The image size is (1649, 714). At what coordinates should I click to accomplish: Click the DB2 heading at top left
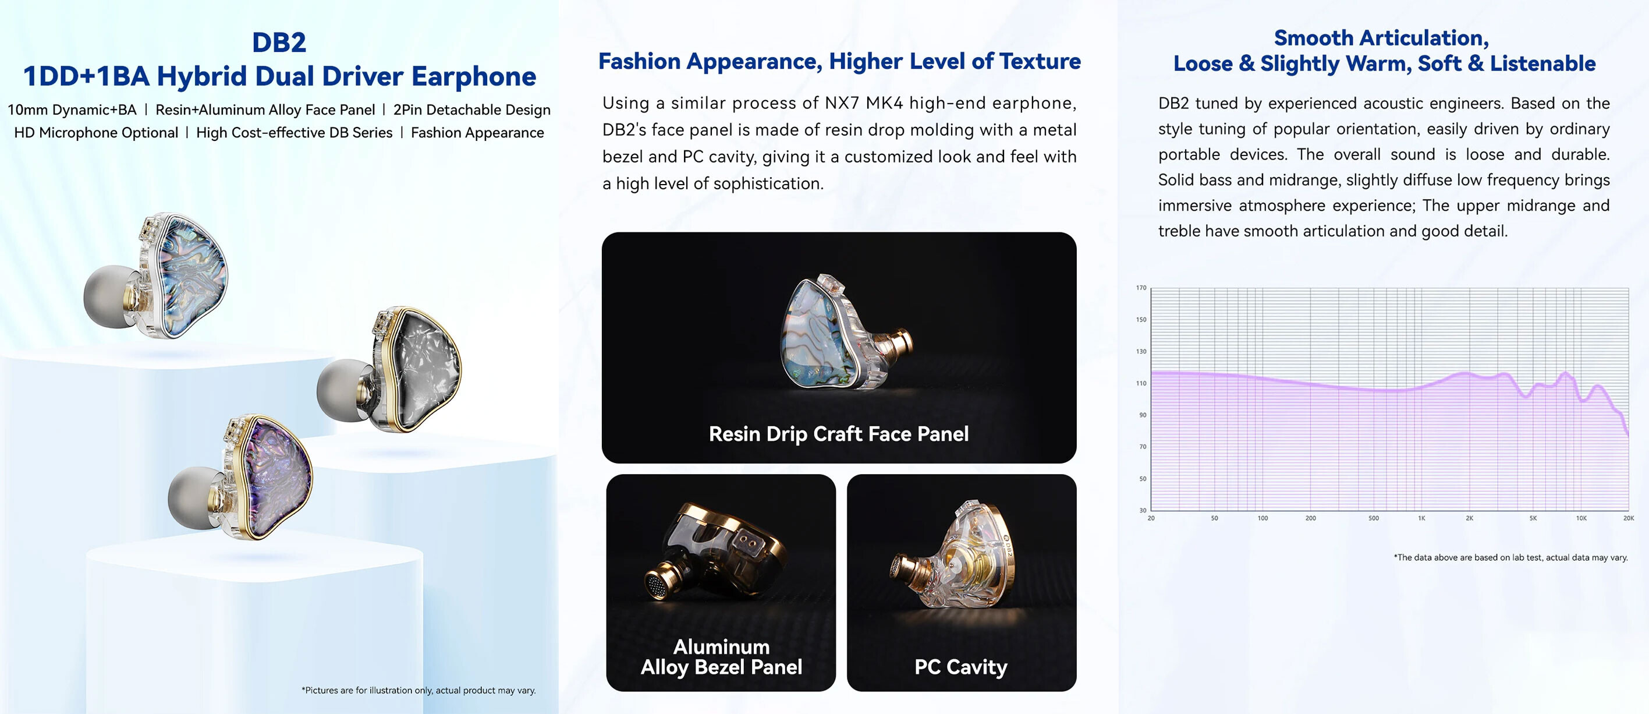click(x=279, y=43)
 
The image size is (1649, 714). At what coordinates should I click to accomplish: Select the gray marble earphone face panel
click(x=426, y=369)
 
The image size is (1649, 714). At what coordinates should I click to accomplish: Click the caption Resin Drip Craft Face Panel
click(x=839, y=434)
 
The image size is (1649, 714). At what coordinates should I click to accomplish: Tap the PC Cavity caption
click(x=961, y=667)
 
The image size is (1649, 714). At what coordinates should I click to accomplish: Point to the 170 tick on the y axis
click(x=1141, y=288)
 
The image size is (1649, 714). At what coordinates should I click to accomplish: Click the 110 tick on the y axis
click(x=1141, y=383)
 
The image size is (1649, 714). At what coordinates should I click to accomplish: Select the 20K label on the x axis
click(x=1629, y=518)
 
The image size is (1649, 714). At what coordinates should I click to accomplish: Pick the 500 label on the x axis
click(x=1374, y=518)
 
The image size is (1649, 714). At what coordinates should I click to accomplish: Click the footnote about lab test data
click(x=1510, y=558)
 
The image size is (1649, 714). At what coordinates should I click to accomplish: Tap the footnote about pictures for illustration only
click(x=419, y=690)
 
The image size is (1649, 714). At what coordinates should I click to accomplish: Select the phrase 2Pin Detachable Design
click(x=472, y=109)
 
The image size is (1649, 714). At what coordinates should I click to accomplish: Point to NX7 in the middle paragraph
click(x=842, y=103)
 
